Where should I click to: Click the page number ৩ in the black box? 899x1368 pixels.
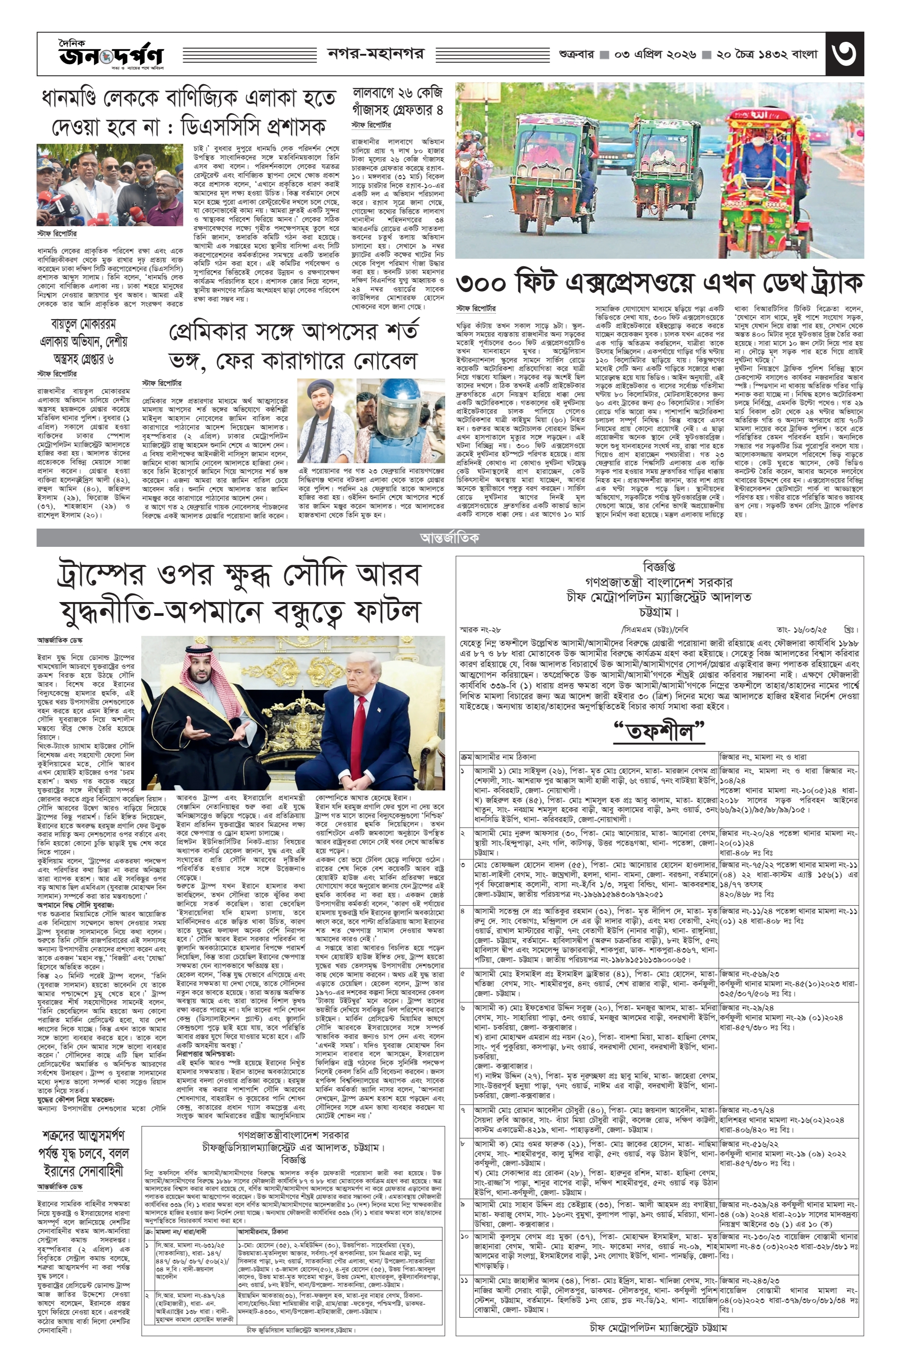843,54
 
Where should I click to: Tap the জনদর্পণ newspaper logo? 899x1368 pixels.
110,56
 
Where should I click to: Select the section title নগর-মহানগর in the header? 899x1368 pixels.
376,54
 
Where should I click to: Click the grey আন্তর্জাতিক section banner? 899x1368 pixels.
449,537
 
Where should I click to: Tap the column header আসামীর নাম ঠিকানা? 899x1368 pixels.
504,757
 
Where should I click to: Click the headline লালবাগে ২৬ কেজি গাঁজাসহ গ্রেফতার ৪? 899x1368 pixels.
398,101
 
